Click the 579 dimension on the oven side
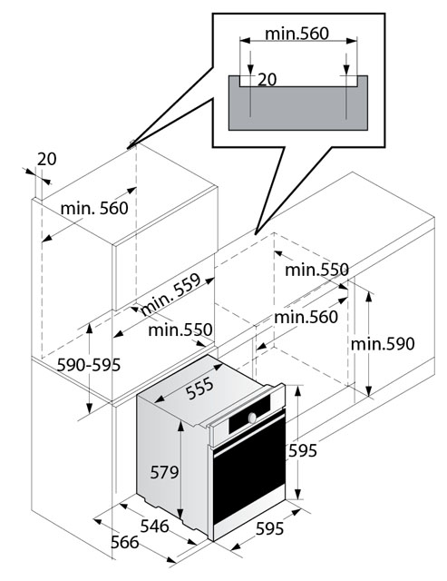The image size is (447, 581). [x=164, y=472]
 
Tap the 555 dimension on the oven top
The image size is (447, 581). [x=199, y=388]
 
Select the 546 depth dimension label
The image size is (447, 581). [x=155, y=527]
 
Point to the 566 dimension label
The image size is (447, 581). [x=125, y=543]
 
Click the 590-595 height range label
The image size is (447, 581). [x=89, y=365]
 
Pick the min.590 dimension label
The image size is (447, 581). [x=383, y=344]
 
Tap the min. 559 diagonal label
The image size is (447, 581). [x=171, y=294]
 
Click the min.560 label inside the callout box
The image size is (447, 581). [x=297, y=34]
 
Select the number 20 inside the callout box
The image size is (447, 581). [x=267, y=79]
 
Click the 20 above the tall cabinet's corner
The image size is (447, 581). [x=46, y=160]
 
